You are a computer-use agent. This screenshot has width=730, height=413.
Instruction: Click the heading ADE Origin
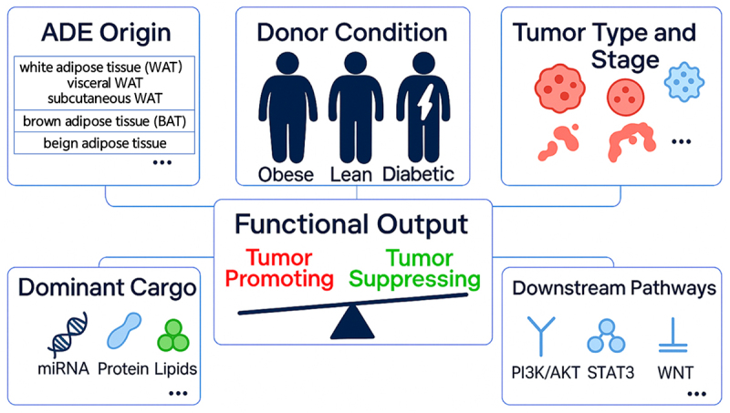point(106,33)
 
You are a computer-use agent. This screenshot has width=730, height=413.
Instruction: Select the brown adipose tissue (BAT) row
point(104,121)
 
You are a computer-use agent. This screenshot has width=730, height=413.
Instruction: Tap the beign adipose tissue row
point(104,143)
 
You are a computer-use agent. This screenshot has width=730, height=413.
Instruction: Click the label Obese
point(286,175)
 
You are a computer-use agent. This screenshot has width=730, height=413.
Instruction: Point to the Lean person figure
point(356,107)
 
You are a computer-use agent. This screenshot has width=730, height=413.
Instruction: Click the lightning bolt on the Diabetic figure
point(425,101)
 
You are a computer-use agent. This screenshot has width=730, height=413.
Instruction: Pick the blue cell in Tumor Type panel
point(683,82)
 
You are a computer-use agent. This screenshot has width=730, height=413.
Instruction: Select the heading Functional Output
point(351,224)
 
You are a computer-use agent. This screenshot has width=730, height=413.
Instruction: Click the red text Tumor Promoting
point(279,268)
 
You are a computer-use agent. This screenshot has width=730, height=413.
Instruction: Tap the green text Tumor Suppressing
point(415,268)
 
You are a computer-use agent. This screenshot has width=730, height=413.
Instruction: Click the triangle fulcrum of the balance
point(352,322)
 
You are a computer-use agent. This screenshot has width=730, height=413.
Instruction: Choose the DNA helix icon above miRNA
point(68,335)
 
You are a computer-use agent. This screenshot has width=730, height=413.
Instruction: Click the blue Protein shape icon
point(124,331)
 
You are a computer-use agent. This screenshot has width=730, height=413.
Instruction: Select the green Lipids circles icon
point(173,336)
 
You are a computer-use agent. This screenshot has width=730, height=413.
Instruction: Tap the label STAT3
point(610,373)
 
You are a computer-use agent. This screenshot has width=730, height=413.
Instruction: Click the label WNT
point(675,373)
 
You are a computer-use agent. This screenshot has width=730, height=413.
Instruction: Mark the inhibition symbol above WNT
point(673,336)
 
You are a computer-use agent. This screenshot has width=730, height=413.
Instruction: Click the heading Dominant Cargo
point(107,287)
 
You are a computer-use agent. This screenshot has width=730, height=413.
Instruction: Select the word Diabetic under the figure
point(418,174)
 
